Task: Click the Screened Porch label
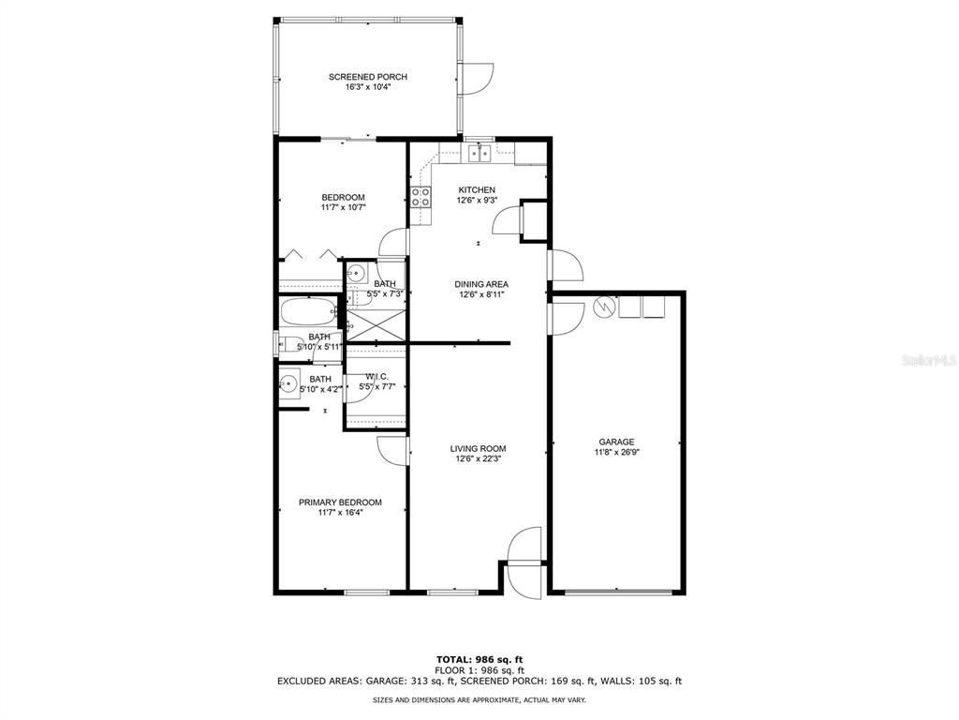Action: [x=367, y=77]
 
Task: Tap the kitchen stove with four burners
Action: [x=420, y=197]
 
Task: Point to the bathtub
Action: [x=308, y=310]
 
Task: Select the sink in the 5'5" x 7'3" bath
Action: [x=356, y=274]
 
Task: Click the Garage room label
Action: [x=617, y=442]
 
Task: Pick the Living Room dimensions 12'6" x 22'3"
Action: [x=478, y=459]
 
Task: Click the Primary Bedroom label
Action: [x=340, y=502]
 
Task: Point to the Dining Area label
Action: [x=480, y=284]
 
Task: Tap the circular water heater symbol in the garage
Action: [x=605, y=307]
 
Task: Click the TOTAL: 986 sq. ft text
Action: [x=479, y=659]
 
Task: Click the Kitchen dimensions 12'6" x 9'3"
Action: [x=476, y=200]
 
